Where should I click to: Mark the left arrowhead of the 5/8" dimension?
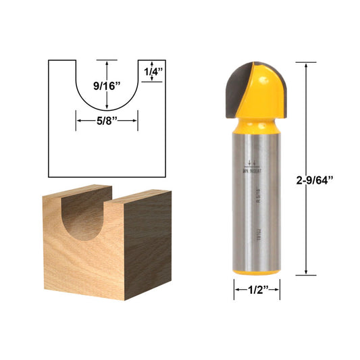click(78, 120)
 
